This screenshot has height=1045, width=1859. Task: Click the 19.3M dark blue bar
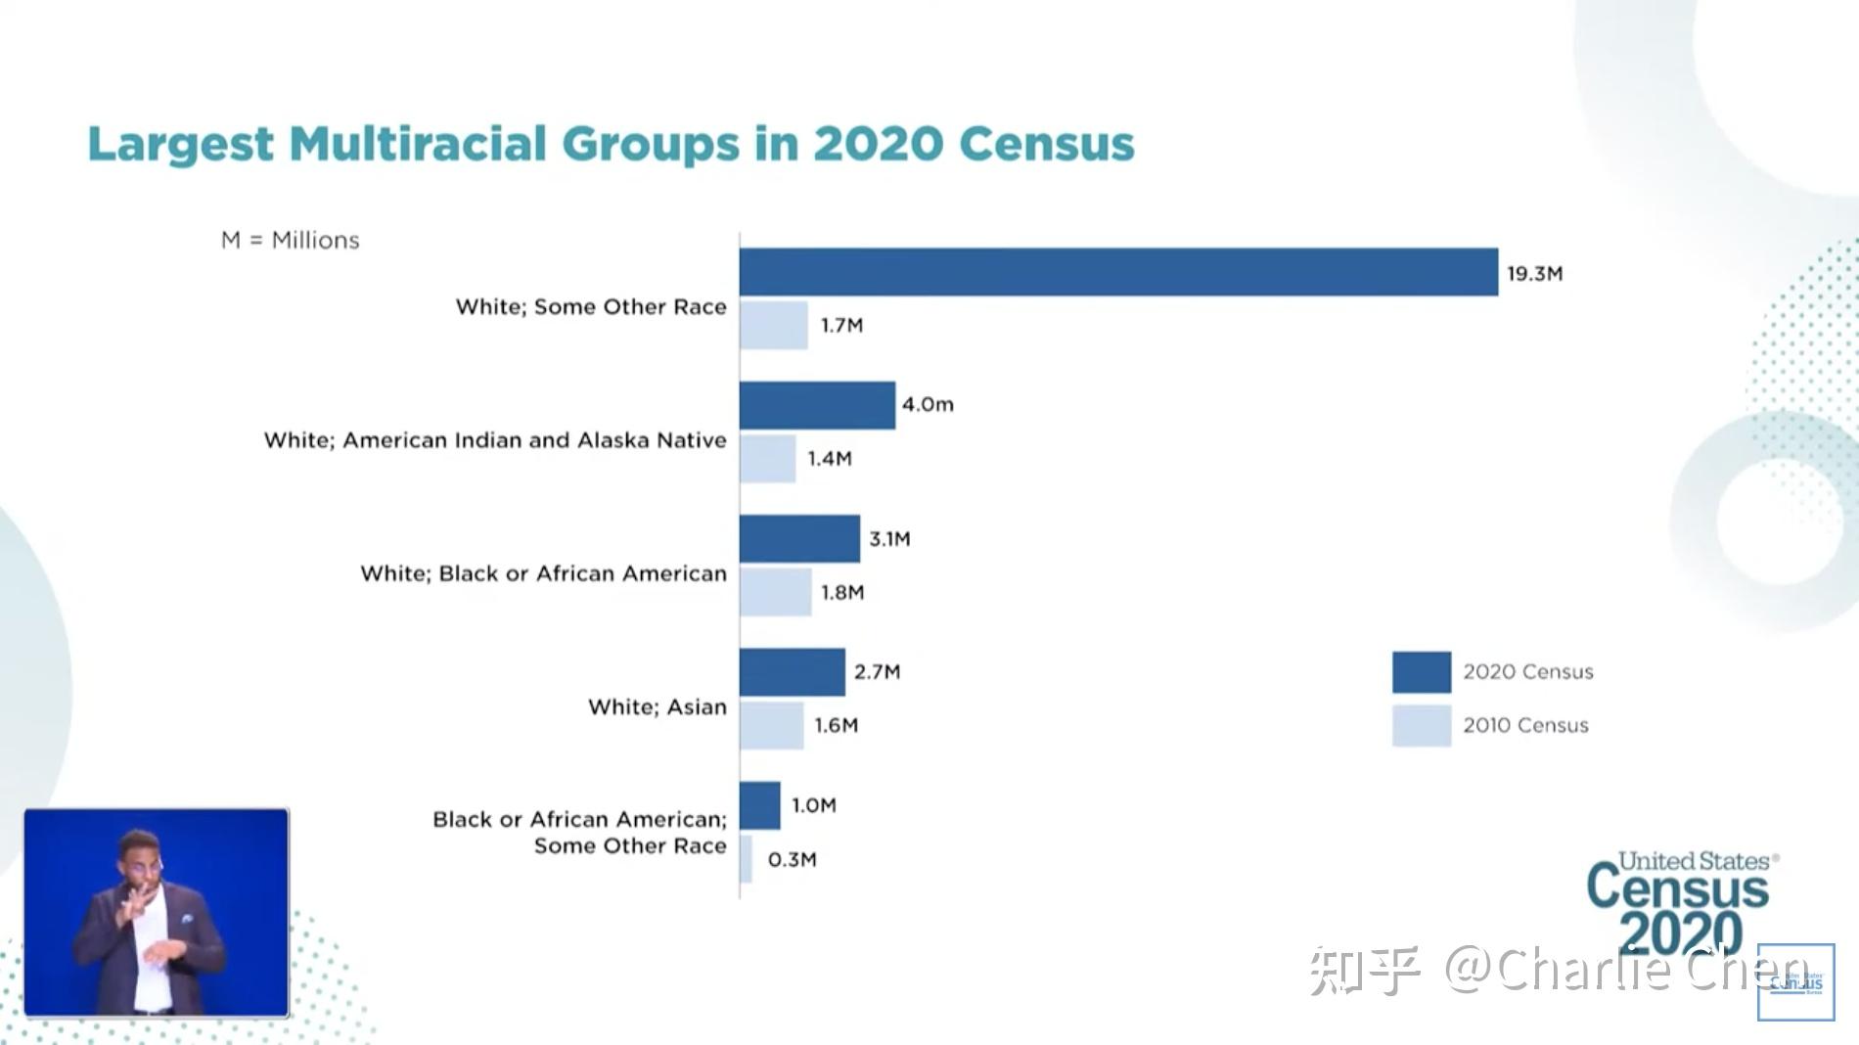[1118, 272]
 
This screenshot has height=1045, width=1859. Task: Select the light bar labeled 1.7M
[773, 325]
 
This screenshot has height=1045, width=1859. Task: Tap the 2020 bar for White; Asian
[792, 672]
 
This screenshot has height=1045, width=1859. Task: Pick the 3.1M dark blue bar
[799, 538]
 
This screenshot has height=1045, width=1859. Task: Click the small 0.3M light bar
[747, 859]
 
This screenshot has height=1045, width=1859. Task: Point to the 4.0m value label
[928, 404]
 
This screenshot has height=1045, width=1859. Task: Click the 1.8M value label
[842, 592]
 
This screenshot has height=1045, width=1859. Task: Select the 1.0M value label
[814, 805]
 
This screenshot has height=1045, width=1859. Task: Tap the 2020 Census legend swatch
[1421, 672]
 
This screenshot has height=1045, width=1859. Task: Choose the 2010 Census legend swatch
[1421, 726]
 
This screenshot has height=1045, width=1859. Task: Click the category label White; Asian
[657, 706]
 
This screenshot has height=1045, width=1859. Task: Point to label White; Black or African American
[543, 573]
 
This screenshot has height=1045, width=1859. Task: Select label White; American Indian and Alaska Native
[495, 440]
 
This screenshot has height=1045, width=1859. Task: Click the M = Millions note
[291, 240]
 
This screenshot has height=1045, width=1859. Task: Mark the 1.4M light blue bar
[767, 458]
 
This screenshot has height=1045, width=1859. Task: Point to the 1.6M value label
[837, 725]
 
